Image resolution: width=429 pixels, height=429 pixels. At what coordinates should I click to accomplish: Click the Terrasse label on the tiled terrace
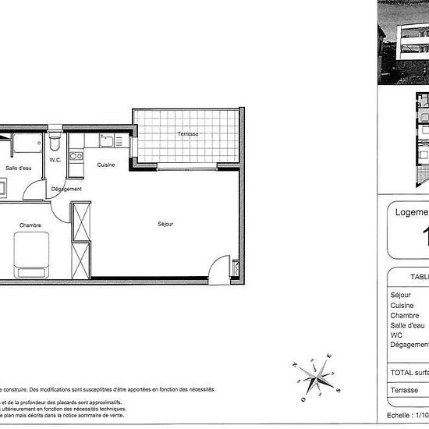[x=187, y=134]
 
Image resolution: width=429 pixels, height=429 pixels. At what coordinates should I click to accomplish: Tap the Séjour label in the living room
[x=165, y=224]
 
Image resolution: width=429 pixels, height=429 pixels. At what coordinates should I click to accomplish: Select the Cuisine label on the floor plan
[x=106, y=165]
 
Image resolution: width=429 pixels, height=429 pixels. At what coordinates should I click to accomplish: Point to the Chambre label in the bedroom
[x=30, y=225]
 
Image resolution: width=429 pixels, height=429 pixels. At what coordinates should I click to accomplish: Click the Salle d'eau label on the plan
[x=18, y=168]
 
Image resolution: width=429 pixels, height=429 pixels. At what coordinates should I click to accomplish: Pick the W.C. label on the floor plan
[x=55, y=160]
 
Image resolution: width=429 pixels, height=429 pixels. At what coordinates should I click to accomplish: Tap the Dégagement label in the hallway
[x=66, y=190]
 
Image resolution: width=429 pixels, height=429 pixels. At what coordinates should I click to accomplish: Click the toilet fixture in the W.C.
[x=54, y=144]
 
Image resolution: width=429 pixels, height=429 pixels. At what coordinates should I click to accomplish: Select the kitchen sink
[x=108, y=141]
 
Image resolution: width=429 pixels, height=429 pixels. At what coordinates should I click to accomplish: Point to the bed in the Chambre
[x=32, y=257]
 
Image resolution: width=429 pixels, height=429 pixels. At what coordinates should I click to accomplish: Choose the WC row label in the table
[x=395, y=335]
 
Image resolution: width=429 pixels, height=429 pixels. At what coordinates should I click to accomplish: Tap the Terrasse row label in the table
[x=404, y=390]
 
